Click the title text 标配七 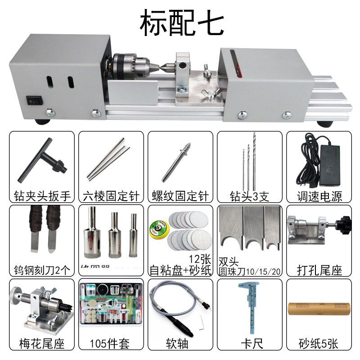(x=181, y=23)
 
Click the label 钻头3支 (x=249, y=196)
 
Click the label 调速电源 (x=319, y=196)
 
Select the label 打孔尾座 (x=319, y=270)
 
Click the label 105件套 (x=110, y=344)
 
